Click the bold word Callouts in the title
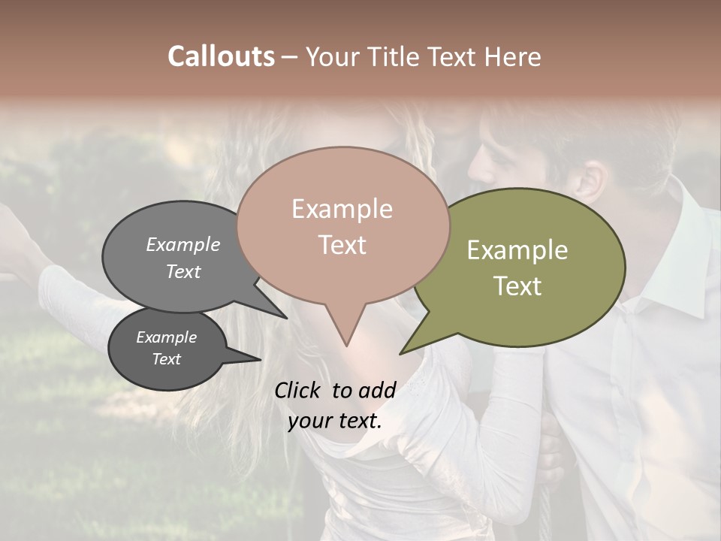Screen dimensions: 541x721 221,56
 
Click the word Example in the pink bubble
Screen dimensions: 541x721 342,209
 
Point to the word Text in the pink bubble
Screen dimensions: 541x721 342,244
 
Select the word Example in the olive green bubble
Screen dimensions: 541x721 517,250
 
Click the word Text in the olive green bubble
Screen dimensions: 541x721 517,286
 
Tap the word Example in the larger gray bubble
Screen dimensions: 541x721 183,244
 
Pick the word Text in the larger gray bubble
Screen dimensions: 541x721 183,271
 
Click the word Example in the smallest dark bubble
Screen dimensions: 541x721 166,337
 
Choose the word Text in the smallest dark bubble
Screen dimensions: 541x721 166,359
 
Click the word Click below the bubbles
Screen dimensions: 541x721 299,390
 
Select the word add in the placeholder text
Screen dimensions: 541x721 377,390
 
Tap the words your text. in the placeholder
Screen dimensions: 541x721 334,421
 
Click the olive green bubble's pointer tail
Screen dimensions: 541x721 417,343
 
